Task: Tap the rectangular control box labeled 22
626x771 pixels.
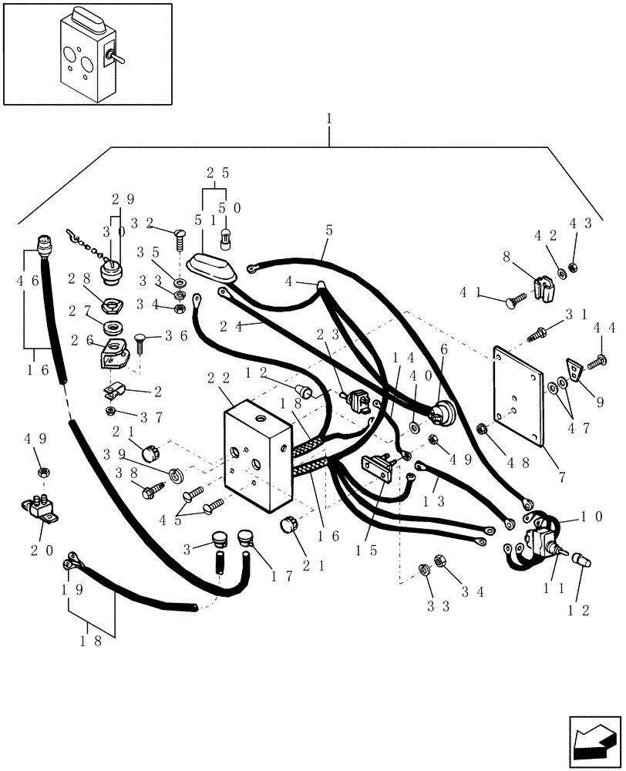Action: (257, 458)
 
